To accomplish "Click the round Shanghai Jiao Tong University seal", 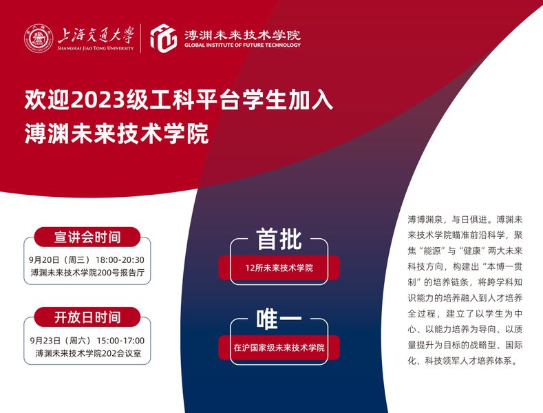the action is coord(39,39).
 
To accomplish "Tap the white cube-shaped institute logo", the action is coord(164,38).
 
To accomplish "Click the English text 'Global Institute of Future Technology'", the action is coord(242,45).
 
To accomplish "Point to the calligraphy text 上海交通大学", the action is coord(96,34).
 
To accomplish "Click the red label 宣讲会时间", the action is coord(87,237).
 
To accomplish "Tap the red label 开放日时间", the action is coord(87,317).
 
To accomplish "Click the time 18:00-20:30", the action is coord(120,260).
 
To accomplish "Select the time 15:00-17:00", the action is coord(120,341).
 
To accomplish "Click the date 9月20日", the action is coord(44,260).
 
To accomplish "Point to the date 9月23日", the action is coord(45,341).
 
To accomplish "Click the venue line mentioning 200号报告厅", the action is coord(87,273).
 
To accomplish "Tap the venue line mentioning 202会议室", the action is coord(88,353).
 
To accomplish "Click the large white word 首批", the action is coord(279,239).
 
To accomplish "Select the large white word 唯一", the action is coord(279,319).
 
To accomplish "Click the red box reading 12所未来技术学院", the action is coord(279,268).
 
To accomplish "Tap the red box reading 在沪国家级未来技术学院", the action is coord(279,348).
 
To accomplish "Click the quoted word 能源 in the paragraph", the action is coord(432,251).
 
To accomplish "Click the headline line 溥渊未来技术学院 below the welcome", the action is coord(117,134).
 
